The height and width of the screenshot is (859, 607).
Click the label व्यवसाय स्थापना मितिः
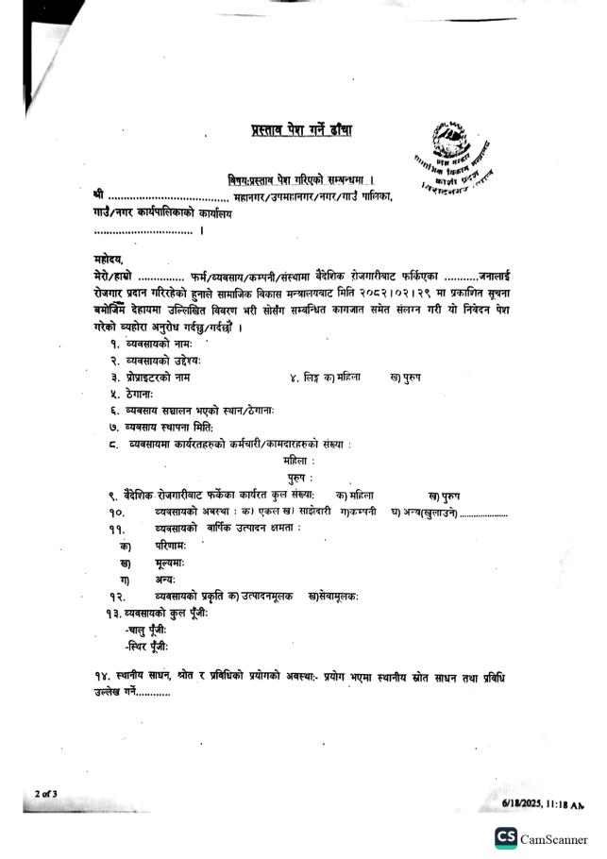pyautogui.click(x=177, y=428)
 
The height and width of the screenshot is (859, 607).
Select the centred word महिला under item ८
pyautogui.click(x=299, y=461)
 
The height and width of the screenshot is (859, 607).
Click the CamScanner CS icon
pyautogui.click(x=505, y=838)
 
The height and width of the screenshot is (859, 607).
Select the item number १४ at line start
pyautogui.click(x=93, y=679)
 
